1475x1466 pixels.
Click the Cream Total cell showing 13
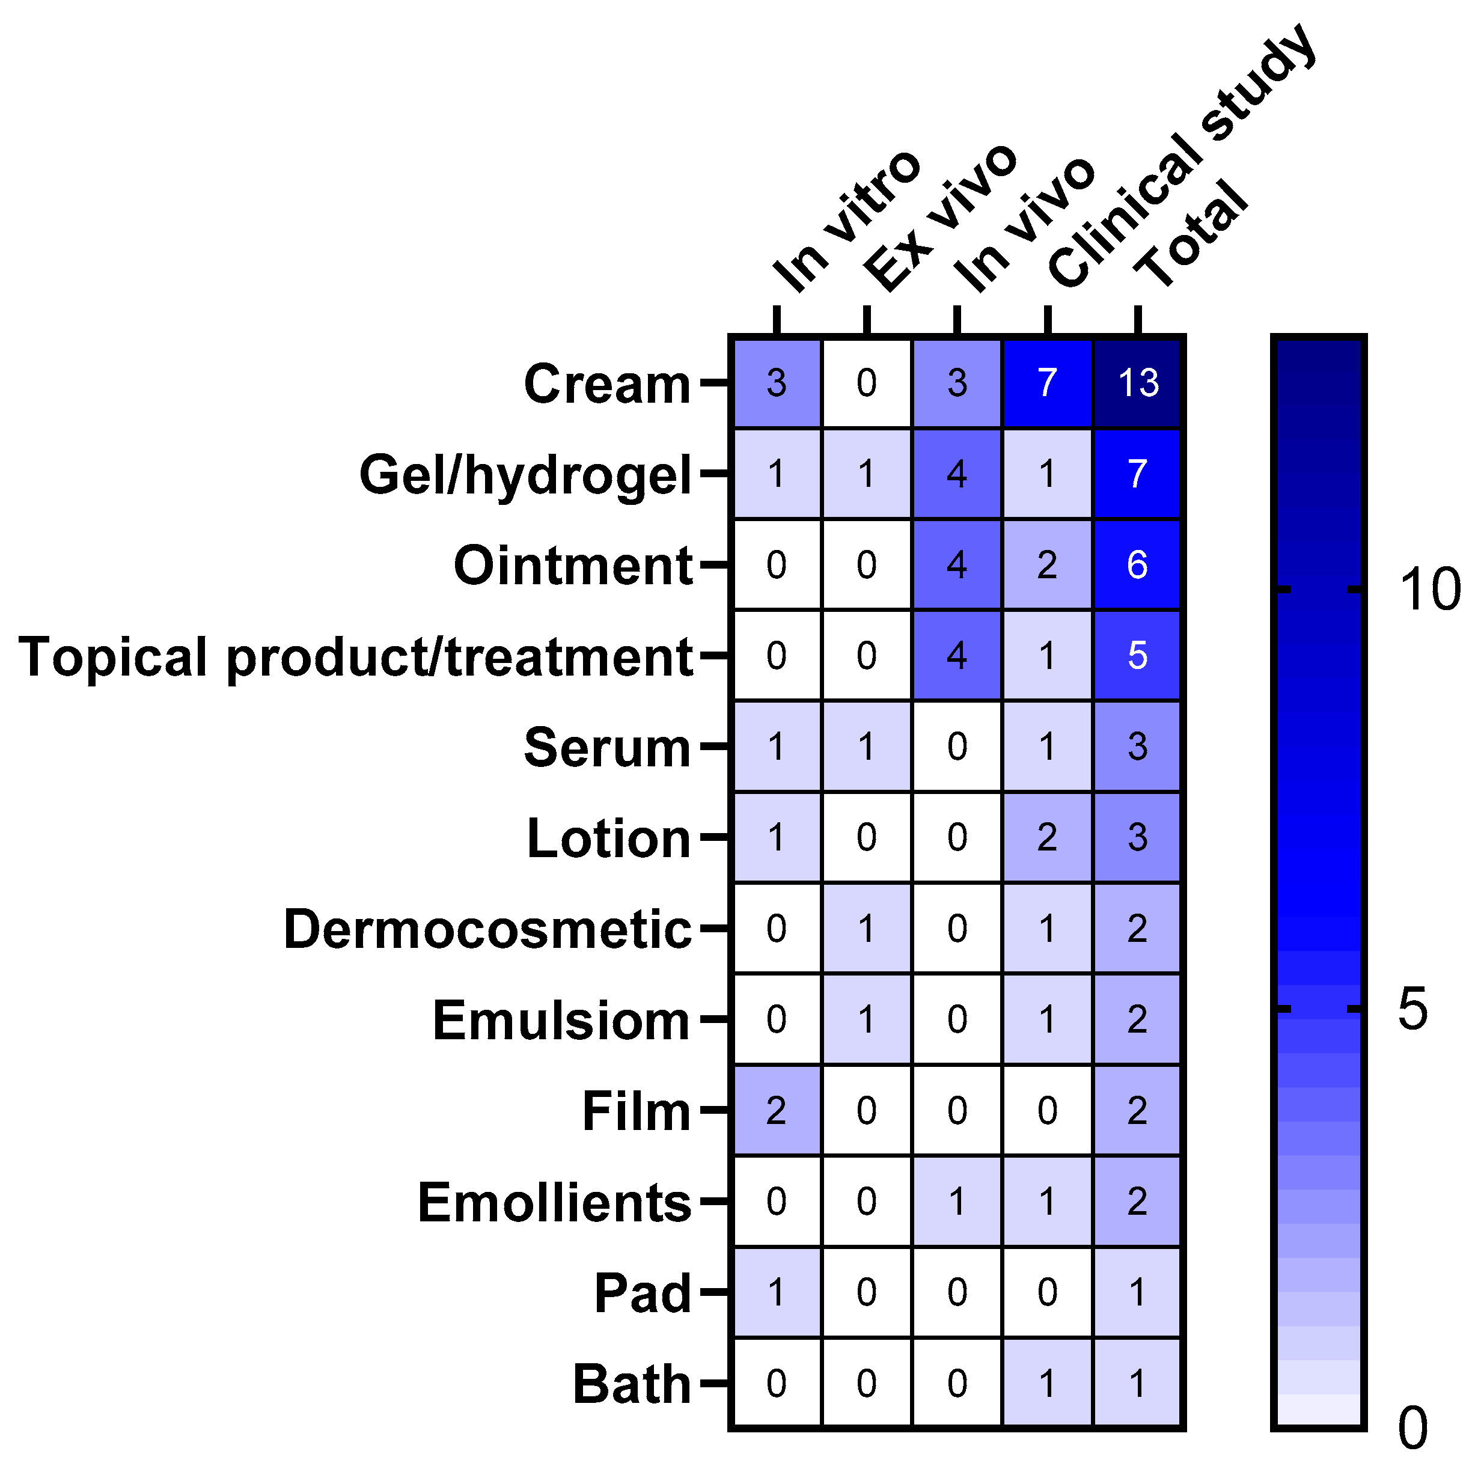click(x=1138, y=382)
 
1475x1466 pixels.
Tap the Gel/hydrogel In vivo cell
click(x=957, y=474)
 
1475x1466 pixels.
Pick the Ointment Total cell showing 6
click(x=1138, y=565)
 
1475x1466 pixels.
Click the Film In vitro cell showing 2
click(x=777, y=1110)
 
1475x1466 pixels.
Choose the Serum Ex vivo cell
click(x=867, y=746)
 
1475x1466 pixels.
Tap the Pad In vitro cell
click(x=777, y=1292)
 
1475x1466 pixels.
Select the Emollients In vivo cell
click(x=957, y=1201)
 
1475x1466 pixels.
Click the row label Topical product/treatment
click(x=356, y=656)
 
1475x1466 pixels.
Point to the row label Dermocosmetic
click(x=487, y=929)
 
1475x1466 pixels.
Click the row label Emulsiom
click(x=561, y=1020)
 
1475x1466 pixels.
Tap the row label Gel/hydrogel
click(x=525, y=475)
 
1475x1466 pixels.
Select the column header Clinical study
click(x=1179, y=156)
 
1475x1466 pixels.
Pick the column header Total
click(x=1191, y=233)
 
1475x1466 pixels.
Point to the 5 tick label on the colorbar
click(x=1412, y=1009)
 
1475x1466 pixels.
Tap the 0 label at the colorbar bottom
click(x=1412, y=1427)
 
